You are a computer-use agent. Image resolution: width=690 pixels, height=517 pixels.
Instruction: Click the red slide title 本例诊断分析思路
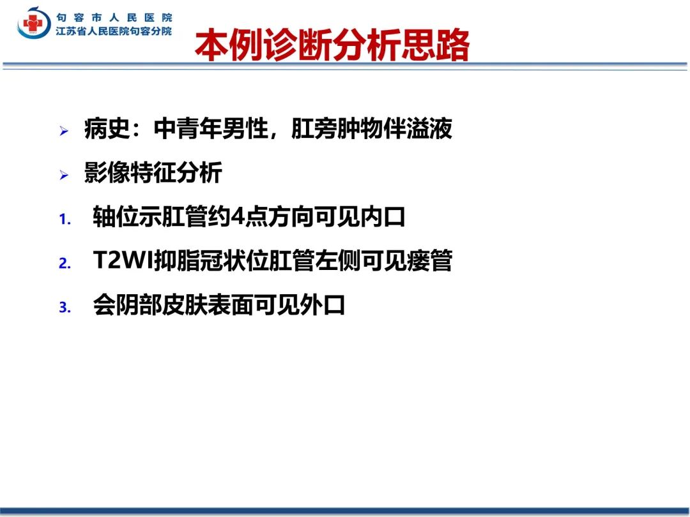pyautogui.click(x=332, y=45)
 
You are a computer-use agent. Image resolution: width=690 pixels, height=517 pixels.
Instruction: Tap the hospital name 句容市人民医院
pyautogui.click(x=114, y=18)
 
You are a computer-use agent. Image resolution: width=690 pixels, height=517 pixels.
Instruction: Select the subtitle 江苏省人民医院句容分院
pyautogui.click(x=114, y=31)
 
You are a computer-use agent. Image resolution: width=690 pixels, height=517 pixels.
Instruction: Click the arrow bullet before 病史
pyautogui.click(x=64, y=131)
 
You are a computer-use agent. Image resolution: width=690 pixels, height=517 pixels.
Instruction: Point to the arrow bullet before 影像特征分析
pyautogui.click(x=64, y=175)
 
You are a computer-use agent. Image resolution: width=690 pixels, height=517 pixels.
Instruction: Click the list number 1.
pyautogui.click(x=65, y=218)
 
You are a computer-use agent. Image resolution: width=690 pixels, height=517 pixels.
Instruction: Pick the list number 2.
pyautogui.click(x=65, y=263)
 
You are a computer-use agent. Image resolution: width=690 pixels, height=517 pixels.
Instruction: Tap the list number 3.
pyautogui.click(x=65, y=307)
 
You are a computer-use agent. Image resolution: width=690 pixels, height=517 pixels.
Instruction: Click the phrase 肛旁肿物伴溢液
pyautogui.click(x=372, y=128)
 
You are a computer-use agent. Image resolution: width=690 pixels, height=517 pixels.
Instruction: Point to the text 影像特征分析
pyautogui.click(x=153, y=172)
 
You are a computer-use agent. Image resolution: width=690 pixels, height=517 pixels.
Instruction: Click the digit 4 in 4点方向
pyautogui.click(x=237, y=217)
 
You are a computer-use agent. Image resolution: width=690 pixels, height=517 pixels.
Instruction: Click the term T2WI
pyautogui.click(x=123, y=260)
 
